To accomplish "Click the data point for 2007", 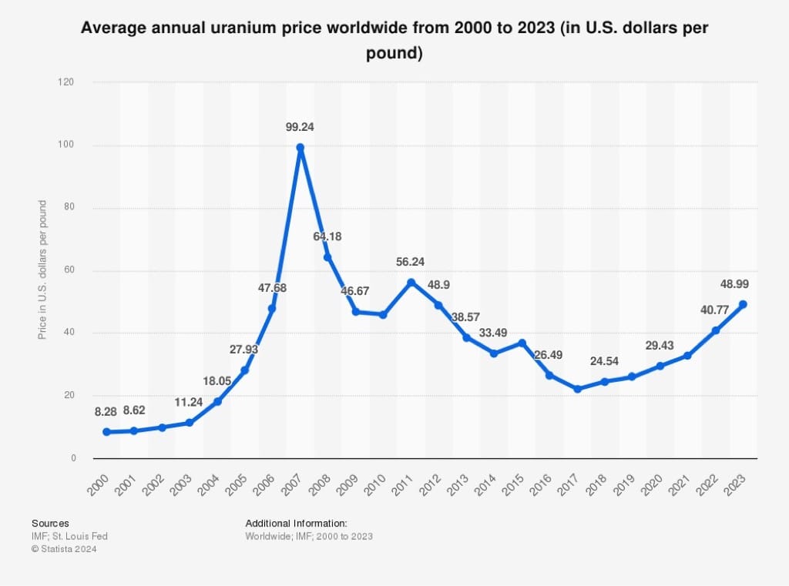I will (300, 147).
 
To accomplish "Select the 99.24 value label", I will (300, 126).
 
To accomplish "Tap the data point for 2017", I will (577, 389).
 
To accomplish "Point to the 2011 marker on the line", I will (411, 282).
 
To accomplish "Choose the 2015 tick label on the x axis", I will (513, 485).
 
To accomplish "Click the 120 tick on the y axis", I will (69, 82).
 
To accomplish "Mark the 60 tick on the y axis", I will (71, 270).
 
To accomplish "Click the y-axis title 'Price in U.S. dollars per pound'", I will (42, 270).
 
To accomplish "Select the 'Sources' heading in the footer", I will (50, 523).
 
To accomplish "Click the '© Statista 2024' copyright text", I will (64, 549).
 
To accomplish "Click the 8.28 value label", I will (106, 412).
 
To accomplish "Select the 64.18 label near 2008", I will (327, 236).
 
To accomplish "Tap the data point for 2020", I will (660, 366).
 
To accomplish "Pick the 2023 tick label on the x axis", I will (734, 485).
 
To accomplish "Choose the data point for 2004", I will (217, 401).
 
